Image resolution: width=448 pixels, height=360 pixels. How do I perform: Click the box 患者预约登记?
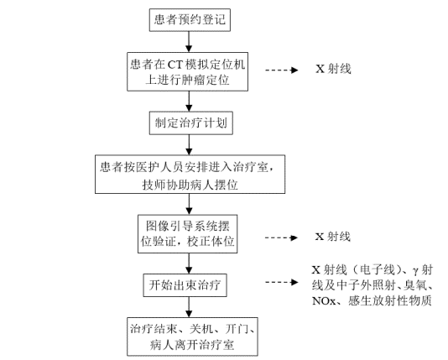191,18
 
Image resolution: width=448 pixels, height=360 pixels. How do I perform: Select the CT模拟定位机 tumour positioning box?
191,73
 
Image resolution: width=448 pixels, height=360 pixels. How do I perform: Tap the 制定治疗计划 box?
191,123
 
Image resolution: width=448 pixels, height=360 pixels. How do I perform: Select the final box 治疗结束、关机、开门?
191,335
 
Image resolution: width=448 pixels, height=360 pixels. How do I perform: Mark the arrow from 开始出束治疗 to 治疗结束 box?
191,306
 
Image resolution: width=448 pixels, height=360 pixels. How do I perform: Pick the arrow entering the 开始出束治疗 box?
191,262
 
